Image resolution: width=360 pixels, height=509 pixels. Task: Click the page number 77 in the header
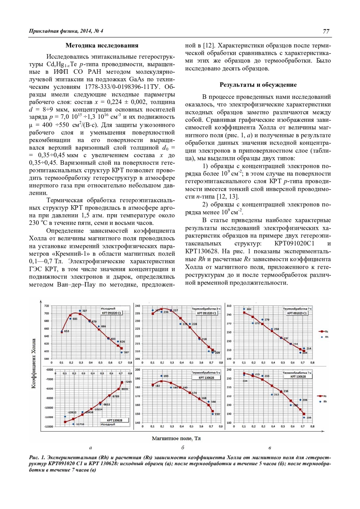tap(326, 31)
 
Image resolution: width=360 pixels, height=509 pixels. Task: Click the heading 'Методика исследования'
tap(102, 46)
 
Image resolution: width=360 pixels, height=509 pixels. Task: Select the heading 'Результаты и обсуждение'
tap(258, 85)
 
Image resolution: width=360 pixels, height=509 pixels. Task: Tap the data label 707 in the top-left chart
tap(84, 311)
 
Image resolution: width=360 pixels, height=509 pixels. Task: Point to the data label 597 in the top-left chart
tap(126, 352)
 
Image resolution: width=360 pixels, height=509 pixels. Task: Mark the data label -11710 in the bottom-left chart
tap(80, 424)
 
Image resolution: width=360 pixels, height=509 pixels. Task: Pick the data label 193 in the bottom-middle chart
tap(166, 376)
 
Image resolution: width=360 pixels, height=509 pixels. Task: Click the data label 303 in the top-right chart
tap(249, 309)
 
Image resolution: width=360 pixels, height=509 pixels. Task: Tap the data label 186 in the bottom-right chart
tap(309, 417)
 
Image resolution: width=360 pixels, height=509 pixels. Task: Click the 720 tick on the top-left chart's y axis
tap(46, 306)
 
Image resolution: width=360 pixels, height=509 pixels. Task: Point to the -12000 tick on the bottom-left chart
tap(48, 426)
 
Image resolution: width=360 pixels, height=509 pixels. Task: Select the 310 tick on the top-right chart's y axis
tap(229, 306)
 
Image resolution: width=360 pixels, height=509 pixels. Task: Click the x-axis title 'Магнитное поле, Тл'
tap(176, 438)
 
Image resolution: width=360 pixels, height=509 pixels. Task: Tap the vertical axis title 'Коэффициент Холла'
tap(34, 363)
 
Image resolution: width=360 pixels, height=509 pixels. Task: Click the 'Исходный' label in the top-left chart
tap(108, 308)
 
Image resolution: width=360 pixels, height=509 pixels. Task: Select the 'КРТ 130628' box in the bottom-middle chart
tap(206, 378)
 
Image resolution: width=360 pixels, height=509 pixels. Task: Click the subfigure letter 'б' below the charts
tap(182, 448)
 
